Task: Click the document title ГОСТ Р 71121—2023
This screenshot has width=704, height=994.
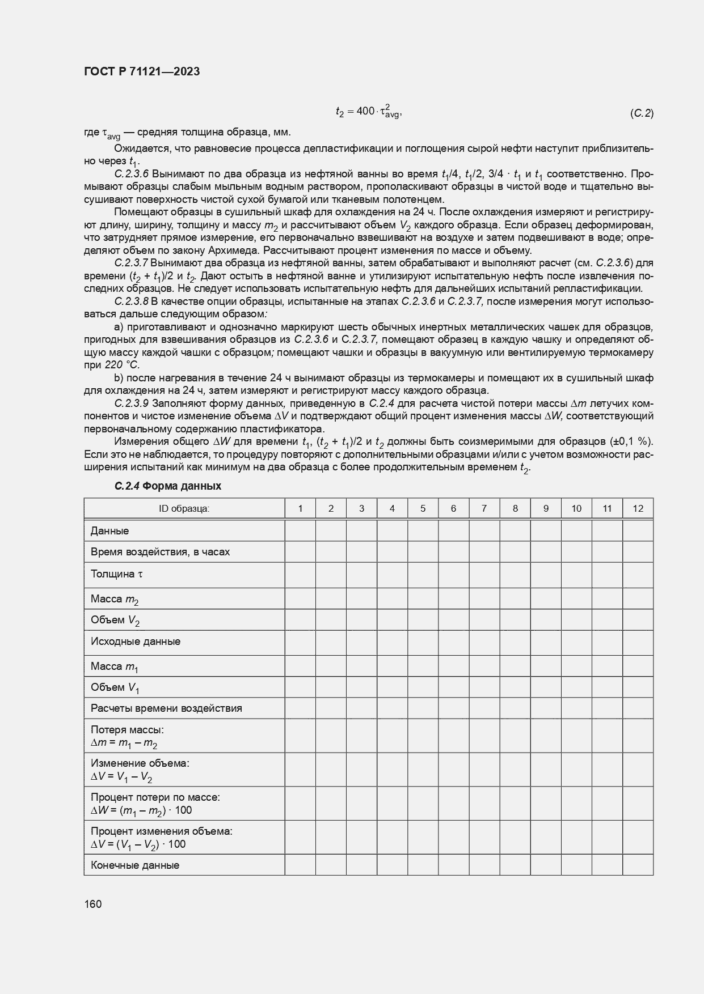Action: click(x=142, y=72)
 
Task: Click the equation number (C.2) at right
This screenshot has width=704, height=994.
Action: click(x=642, y=113)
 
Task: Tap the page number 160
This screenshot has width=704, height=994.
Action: click(x=92, y=904)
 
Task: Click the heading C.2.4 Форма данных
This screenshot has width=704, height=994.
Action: click(x=167, y=486)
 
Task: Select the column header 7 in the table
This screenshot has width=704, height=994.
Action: click(x=484, y=508)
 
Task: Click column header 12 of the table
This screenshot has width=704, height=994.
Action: click(x=638, y=508)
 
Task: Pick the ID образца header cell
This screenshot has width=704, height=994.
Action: click(x=184, y=508)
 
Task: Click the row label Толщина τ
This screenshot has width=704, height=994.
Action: click(x=117, y=574)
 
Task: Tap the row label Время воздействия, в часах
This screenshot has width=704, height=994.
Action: click(x=160, y=552)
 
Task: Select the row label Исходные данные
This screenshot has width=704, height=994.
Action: click(x=136, y=642)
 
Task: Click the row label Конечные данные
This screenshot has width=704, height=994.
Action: click(x=135, y=865)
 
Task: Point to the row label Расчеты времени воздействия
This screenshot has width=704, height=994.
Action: click(x=166, y=708)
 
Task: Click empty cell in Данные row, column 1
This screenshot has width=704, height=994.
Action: click(x=300, y=530)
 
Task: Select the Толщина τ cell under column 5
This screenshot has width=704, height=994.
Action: click(x=423, y=574)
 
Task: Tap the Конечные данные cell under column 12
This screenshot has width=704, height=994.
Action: click(x=638, y=865)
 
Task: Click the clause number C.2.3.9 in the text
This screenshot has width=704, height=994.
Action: click(x=131, y=403)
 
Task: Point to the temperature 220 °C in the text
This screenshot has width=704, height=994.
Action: click(x=123, y=365)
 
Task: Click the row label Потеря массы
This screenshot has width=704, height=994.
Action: click(x=127, y=730)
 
